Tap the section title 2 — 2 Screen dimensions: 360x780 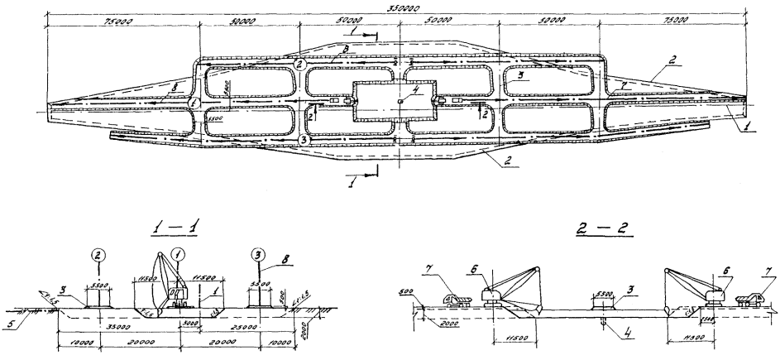pyautogui.click(x=592, y=225)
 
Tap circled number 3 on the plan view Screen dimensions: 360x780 pyautogui.click(x=304, y=142)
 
